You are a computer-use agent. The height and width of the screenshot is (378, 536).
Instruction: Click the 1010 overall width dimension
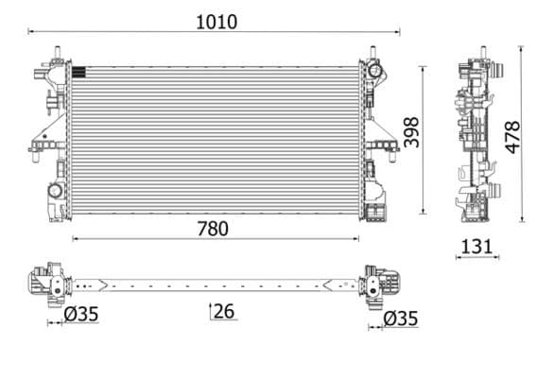(x=215, y=21)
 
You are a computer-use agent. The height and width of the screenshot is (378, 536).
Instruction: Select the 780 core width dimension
(x=213, y=229)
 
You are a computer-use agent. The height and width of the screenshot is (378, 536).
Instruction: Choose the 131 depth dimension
(x=476, y=247)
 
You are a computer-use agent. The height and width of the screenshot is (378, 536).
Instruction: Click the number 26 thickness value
(x=224, y=310)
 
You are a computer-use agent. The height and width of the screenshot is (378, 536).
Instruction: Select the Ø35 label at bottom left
(x=82, y=318)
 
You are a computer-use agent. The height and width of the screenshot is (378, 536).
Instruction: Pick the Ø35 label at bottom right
(x=400, y=318)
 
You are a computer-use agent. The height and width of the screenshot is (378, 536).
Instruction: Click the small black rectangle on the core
(x=78, y=69)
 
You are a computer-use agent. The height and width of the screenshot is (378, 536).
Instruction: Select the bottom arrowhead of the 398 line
(x=424, y=212)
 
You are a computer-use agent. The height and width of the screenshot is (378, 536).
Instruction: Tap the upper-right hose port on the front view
(x=374, y=69)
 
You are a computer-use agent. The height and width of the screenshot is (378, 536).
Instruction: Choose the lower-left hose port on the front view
(x=54, y=192)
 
